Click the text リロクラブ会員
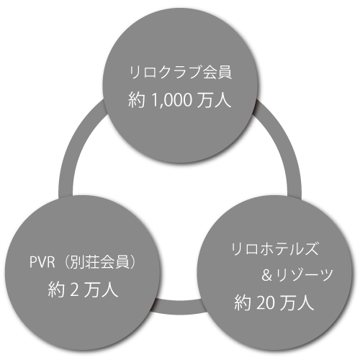coord(181,72)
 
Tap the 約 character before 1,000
coord(137,99)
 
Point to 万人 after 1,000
coord(215,99)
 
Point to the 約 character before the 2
coord(56,289)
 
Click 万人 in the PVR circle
coord(101,289)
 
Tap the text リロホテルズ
coord(274,248)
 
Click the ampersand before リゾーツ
coord(267,275)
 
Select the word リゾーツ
coord(305,275)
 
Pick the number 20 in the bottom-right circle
coord(265,303)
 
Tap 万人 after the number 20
coord(297,303)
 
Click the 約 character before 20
coord(243,303)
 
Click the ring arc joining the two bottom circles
coord(179,307)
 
